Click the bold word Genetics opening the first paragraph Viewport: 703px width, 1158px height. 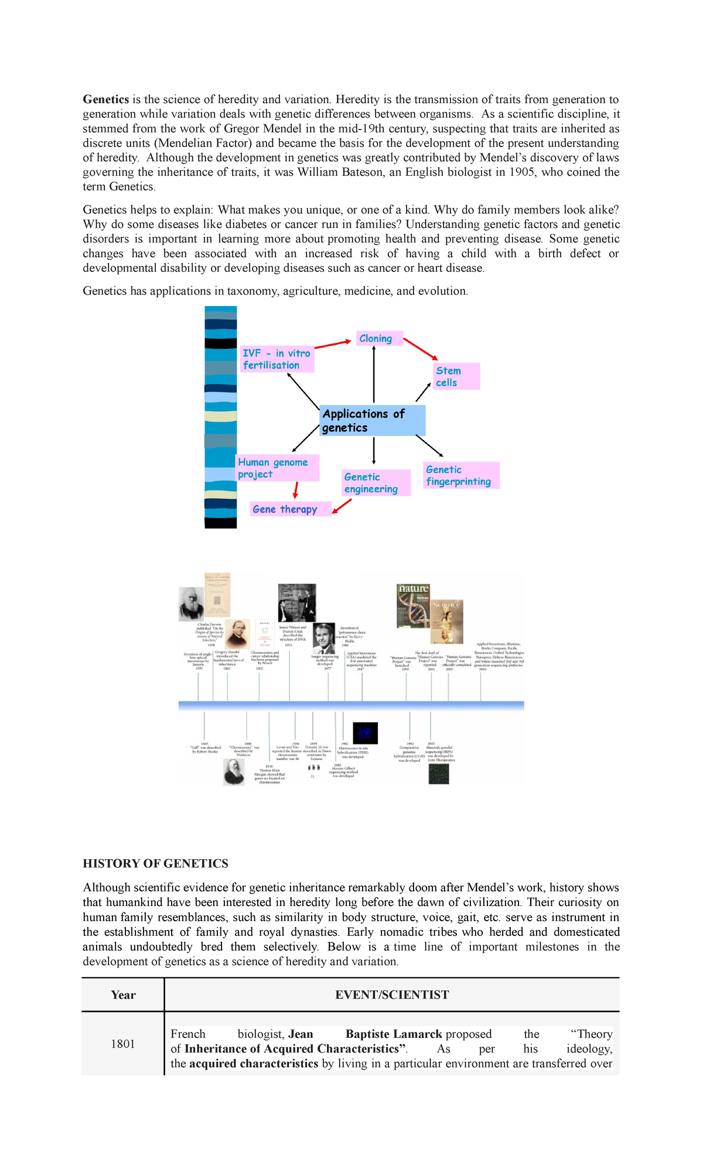105,100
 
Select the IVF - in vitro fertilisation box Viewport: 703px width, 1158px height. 277,359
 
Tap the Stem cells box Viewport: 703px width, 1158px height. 456,376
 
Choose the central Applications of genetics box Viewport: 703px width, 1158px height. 372,421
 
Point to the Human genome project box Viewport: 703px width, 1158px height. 277,468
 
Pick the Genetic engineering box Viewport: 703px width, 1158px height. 376,483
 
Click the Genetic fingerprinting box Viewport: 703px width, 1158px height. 461,475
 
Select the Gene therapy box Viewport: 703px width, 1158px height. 290,509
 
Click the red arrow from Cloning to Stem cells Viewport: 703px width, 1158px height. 420,349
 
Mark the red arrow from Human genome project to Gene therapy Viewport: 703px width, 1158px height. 296,490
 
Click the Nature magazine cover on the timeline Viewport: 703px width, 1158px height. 413,605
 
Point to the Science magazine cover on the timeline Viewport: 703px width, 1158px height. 447,621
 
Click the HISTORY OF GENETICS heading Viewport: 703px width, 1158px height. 155,864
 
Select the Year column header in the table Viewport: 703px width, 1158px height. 123,995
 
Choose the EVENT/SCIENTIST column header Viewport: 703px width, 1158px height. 392,995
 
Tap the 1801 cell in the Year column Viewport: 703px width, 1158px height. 123,1044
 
